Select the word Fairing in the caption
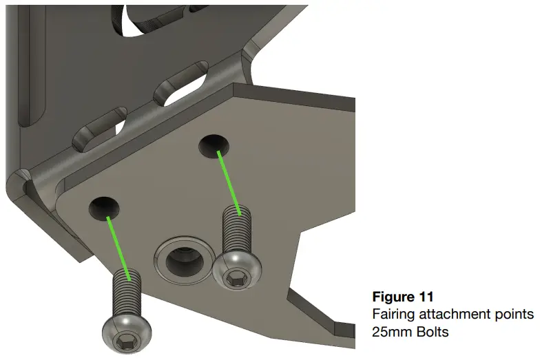pos(391,314)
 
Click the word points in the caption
pos(516,314)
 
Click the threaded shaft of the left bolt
pos(125,293)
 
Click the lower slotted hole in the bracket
pos(101,127)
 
